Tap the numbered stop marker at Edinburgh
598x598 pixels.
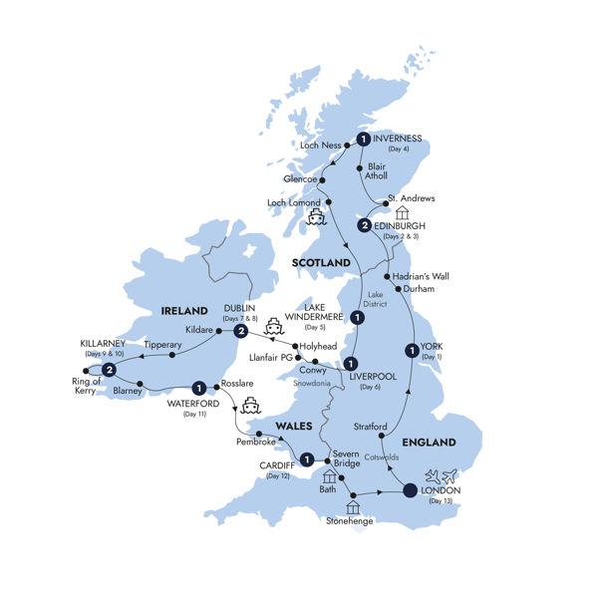tap(365, 226)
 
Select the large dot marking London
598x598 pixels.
tap(410, 489)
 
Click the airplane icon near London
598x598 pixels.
tap(439, 476)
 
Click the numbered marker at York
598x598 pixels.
tap(410, 350)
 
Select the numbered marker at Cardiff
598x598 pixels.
tap(308, 460)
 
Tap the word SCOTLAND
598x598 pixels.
tap(321, 262)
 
